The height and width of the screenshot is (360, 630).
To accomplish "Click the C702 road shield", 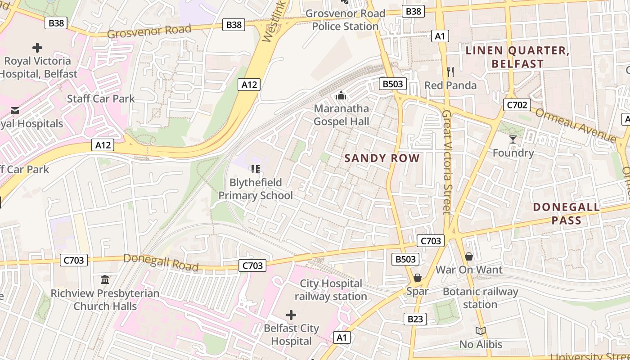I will [x=517, y=105].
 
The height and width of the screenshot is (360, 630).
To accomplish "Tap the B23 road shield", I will [x=415, y=319].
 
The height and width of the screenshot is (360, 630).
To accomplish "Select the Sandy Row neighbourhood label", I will [x=382, y=158].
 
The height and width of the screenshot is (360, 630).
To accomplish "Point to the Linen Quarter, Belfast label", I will [x=517, y=57].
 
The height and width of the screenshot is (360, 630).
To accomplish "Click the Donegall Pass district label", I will [x=566, y=214].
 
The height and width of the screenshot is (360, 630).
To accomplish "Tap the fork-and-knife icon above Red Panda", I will [x=450, y=72].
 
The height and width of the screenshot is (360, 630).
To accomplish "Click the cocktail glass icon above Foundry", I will [x=513, y=139].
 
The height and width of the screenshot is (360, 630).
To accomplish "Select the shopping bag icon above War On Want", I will [x=469, y=256].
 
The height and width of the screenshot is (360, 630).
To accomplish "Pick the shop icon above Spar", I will [x=418, y=278].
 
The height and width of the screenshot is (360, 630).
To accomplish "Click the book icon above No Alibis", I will [x=481, y=331].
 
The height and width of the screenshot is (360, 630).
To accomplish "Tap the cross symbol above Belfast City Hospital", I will [x=291, y=315].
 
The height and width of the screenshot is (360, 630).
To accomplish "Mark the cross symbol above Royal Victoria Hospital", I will [x=37, y=47].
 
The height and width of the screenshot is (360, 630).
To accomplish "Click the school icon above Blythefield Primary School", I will [x=256, y=169].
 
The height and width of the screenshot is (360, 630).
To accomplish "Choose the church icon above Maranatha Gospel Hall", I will [x=341, y=95].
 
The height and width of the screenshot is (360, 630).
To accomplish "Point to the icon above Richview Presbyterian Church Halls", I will [x=105, y=280].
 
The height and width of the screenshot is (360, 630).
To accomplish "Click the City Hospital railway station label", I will [x=331, y=290].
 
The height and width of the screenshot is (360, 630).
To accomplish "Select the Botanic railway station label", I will [x=480, y=298].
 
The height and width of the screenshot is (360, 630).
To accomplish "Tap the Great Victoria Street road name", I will [x=447, y=162].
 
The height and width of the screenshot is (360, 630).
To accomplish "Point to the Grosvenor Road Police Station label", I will [x=345, y=20].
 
